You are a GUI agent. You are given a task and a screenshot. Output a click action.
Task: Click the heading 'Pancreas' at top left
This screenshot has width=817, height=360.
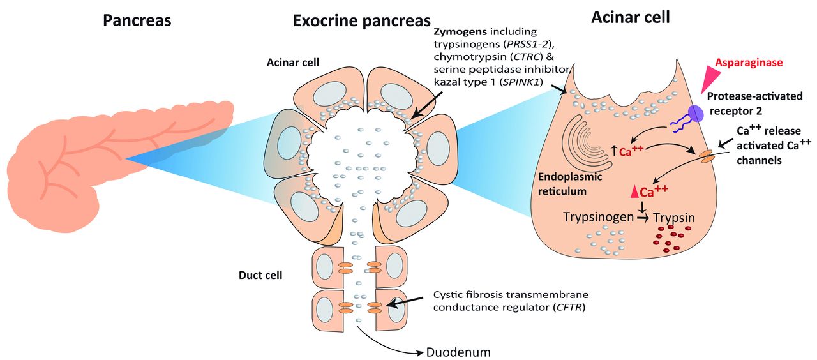(137, 20)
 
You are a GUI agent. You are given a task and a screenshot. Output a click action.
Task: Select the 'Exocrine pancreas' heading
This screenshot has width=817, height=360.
(361, 20)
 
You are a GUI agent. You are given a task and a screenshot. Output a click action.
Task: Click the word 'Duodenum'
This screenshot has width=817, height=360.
(458, 352)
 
